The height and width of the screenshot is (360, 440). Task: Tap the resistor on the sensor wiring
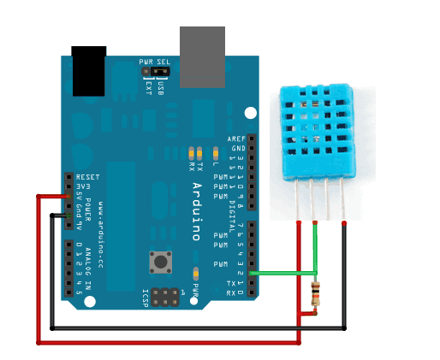(x=318, y=293)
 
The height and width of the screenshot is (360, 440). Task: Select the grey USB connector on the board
(x=202, y=56)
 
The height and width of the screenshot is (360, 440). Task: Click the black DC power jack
(x=89, y=71)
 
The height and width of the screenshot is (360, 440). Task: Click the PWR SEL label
(x=155, y=62)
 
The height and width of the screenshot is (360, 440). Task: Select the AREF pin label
(x=236, y=139)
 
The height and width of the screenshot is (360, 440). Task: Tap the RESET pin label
(x=89, y=176)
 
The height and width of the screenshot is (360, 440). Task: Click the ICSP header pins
(x=169, y=300)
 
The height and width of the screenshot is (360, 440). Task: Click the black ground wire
(x=197, y=328)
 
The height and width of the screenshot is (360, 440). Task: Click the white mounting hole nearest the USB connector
(x=250, y=113)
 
